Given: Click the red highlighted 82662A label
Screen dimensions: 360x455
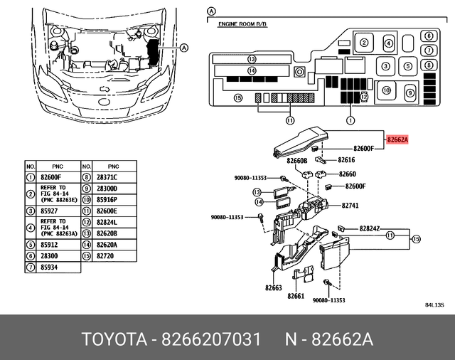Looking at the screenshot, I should (x=397, y=140).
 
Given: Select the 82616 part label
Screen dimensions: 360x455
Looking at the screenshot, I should (x=346, y=160).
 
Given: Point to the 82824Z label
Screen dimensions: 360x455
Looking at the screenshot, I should (x=370, y=228).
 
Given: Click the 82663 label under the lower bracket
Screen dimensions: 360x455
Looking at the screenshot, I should (x=274, y=288).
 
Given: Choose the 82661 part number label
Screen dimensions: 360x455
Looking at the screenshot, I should (x=296, y=297).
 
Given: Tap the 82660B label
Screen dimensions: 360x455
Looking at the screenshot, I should (x=296, y=162).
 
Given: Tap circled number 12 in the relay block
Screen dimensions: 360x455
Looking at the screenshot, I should (x=364, y=96).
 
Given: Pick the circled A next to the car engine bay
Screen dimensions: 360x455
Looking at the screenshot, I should (x=185, y=48).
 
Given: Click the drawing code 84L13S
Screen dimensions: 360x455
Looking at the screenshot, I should (x=434, y=305).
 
